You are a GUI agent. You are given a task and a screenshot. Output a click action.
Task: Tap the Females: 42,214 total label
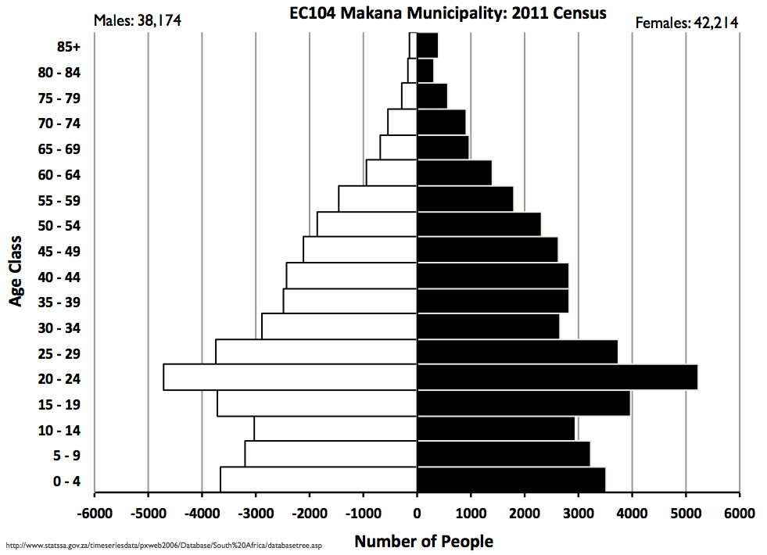point(686,23)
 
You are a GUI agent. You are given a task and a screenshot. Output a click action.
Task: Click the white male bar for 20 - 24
point(289,378)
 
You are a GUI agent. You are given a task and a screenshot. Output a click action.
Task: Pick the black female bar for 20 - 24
point(557,378)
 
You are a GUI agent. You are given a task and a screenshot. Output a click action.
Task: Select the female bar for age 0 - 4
point(511,480)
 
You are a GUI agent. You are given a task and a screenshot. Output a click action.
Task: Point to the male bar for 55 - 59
point(377,199)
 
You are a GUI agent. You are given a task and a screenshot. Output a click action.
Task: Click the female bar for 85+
point(427,45)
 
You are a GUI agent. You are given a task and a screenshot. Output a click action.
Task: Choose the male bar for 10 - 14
point(335,428)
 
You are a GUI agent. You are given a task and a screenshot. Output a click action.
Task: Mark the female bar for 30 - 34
point(488,327)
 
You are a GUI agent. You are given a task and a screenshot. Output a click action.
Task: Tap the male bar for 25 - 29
point(316,352)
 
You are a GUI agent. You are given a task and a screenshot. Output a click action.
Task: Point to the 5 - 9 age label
point(66,456)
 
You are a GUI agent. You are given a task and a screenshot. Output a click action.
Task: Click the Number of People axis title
point(424,541)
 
